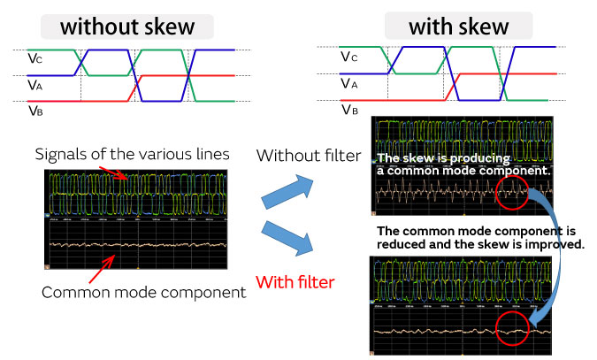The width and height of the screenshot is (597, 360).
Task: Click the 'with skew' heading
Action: [458, 27]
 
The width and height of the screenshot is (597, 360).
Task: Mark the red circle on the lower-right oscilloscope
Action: [511, 331]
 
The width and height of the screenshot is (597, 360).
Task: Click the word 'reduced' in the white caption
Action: [401, 243]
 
